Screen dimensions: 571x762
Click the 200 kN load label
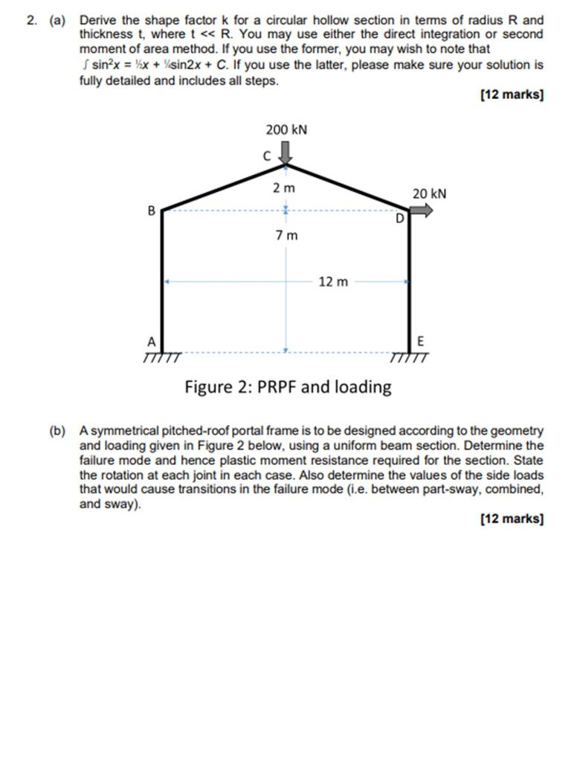pyautogui.click(x=286, y=130)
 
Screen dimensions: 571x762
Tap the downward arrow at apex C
pyautogui.click(x=287, y=153)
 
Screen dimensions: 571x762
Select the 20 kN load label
pyautogui.click(x=430, y=193)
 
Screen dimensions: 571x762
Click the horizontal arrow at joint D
pyautogui.click(x=422, y=211)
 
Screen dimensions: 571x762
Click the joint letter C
pyautogui.click(x=267, y=156)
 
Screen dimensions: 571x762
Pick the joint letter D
pyautogui.click(x=400, y=220)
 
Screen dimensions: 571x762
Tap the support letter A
pyautogui.click(x=151, y=342)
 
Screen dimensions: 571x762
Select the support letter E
pyautogui.click(x=421, y=342)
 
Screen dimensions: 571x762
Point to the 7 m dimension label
pyautogui.click(x=286, y=236)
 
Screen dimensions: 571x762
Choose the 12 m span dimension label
pyautogui.click(x=332, y=282)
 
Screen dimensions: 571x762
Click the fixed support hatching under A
pyautogui.click(x=162, y=358)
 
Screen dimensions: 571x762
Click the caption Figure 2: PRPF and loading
pyautogui.click(x=288, y=387)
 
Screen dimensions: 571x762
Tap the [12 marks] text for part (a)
pyautogui.click(x=512, y=95)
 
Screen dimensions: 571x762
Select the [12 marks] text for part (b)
pyautogui.click(x=512, y=519)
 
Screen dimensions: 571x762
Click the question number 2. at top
pyautogui.click(x=31, y=20)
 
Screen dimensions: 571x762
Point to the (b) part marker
pyautogui.click(x=57, y=431)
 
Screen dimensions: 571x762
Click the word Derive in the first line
pyautogui.click(x=97, y=20)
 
